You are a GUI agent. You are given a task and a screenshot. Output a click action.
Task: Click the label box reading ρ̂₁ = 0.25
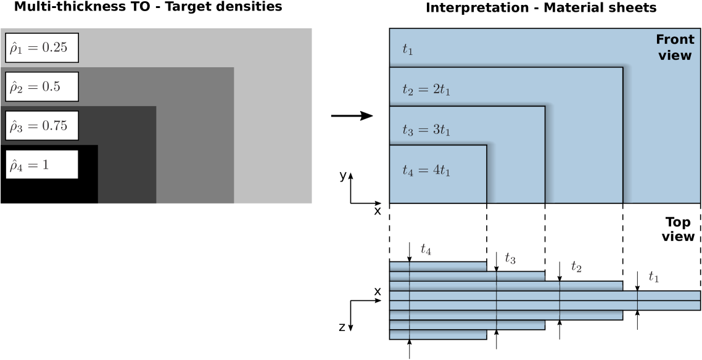[x=42, y=48]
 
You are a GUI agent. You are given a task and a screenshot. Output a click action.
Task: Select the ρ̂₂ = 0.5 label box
[x=42, y=87]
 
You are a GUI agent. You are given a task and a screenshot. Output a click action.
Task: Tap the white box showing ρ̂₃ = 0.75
[x=42, y=126]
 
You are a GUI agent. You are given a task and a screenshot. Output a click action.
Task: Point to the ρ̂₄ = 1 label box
[x=42, y=165]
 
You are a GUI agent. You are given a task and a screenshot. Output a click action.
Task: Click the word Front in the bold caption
[x=674, y=40]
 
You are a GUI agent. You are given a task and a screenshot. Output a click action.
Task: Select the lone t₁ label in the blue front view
[x=408, y=50]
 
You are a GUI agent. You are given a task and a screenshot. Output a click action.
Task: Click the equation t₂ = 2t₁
[x=426, y=90]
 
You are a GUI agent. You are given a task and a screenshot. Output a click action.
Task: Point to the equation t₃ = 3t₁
[x=426, y=130]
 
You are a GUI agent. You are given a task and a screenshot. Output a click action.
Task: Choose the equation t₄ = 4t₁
[x=426, y=170]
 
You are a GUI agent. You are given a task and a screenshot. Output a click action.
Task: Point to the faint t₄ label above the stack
[x=426, y=250]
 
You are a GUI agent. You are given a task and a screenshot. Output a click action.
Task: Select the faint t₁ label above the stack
[x=654, y=277]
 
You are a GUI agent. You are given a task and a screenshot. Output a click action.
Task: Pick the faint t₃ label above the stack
[x=510, y=258]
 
